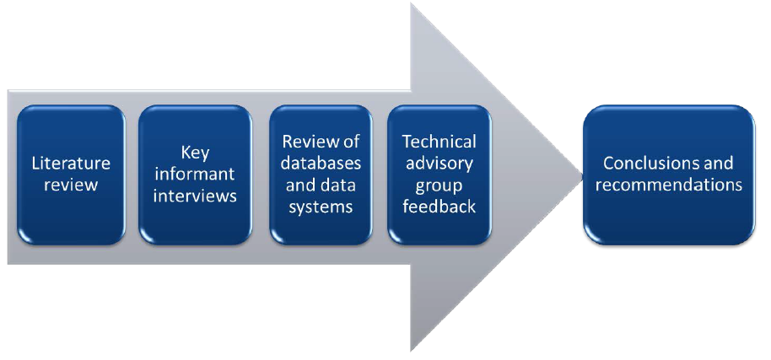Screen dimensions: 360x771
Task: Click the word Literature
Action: point(71,164)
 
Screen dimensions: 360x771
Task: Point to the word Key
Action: point(195,153)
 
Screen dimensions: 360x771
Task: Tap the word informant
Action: point(195,174)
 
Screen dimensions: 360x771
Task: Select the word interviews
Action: point(195,196)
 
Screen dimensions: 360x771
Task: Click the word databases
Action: point(321,163)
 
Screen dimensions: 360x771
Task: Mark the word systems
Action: point(321,207)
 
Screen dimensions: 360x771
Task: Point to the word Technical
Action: point(439,142)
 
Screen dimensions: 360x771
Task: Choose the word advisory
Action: point(439,163)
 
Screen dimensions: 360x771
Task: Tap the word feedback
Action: point(439,207)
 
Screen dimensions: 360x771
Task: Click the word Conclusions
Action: point(669,163)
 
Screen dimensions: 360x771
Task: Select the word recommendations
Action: point(669,185)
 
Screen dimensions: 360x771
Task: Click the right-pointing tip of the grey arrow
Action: point(581,176)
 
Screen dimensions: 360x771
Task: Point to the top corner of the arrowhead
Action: point(412,4)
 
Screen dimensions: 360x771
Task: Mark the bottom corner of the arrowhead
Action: point(412,349)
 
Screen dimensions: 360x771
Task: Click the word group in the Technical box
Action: point(439,185)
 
